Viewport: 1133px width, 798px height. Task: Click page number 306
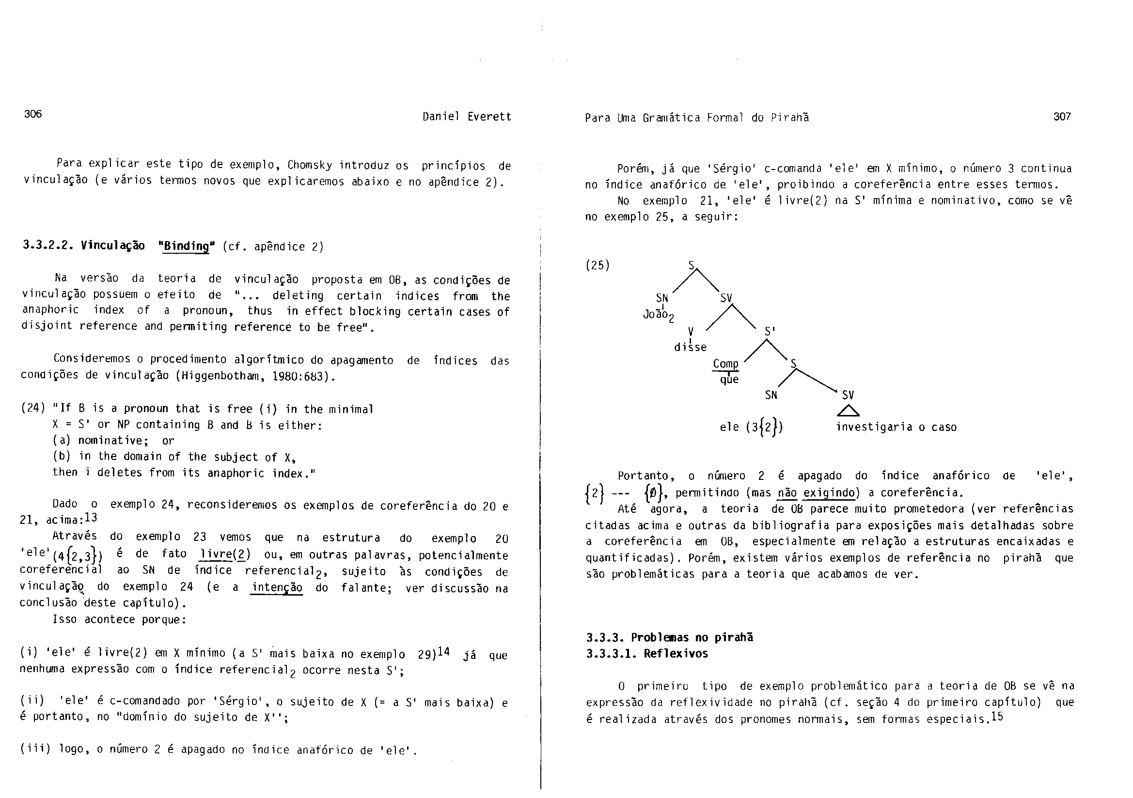33,114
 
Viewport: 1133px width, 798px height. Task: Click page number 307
1062,116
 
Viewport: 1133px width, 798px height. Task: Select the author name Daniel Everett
466,117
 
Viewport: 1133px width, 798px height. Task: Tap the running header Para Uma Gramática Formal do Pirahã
696,118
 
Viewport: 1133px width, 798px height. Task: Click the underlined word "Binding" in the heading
186,246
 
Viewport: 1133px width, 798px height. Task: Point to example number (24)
32,409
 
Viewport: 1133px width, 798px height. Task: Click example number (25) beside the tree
598,265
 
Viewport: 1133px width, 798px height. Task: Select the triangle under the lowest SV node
848,410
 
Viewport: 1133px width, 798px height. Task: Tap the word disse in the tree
691,347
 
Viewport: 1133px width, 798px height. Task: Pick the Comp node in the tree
725,364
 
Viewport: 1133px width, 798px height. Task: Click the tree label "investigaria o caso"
896,427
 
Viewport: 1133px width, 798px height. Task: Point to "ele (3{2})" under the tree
751,427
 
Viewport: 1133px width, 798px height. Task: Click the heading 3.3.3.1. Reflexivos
647,654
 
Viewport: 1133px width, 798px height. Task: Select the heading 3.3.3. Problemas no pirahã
669,637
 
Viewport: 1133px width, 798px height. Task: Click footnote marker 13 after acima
91,518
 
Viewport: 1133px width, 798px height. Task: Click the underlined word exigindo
829,493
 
